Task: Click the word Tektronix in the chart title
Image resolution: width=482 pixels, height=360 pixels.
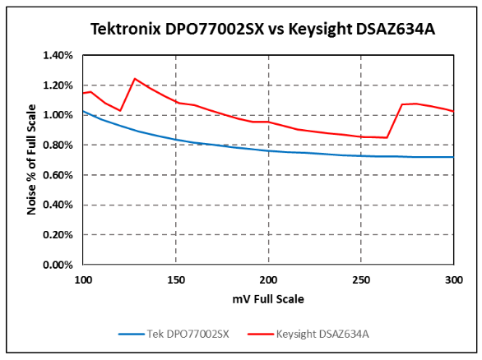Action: [x=121, y=30]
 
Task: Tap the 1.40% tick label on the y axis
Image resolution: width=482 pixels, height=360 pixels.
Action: [x=58, y=56]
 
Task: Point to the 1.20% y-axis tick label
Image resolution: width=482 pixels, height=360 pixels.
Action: [x=58, y=85]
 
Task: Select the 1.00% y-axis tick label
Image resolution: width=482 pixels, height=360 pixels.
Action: [x=58, y=115]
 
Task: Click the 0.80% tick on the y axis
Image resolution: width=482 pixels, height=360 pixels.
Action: [x=58, y=145]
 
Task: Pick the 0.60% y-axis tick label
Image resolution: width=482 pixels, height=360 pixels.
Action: [x=58, y=175]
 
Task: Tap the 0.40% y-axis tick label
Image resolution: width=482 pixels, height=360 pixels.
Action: [x=58, y=205]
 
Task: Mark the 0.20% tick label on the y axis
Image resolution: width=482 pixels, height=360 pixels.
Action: [x=58, y=235]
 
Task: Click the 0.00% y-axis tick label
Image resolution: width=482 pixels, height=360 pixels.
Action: [x=58, y=265]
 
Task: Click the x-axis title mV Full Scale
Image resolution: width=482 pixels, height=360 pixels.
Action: [x=268, y=299]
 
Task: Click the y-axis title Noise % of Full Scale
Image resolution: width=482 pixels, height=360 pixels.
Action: [x=32, y=159]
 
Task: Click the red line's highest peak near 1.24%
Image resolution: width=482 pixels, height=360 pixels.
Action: [x=135, y=79]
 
